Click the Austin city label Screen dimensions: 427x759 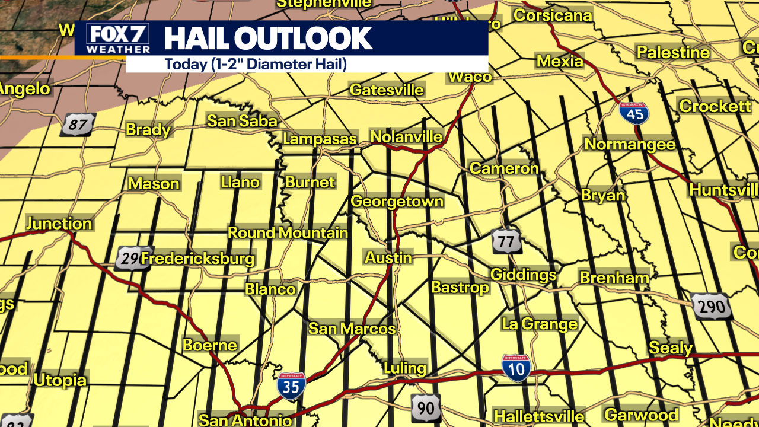[388, 257]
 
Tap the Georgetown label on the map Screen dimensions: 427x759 [397, 201]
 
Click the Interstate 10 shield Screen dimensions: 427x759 [516, 368]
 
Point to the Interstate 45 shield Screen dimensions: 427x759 [634, 113]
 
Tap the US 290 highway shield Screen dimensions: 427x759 [712, 307]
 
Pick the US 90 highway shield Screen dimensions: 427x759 [426, 408]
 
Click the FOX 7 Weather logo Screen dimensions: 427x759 [117, 39]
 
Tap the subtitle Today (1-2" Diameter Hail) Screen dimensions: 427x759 [256, 64]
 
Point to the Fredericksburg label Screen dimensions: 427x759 [197, 259]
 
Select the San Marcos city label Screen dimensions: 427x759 [352, 329]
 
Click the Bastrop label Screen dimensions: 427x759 [460, 287]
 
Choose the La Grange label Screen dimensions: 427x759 [539, 324]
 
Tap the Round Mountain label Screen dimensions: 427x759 [288, 232]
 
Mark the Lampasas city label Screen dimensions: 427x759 [320, 139]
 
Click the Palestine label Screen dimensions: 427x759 [673, 52]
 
